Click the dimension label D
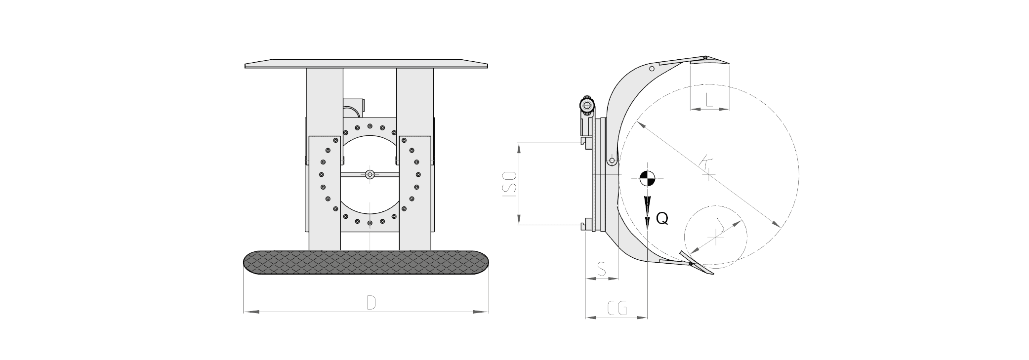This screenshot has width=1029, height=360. pyautogui.click(x=371, y=303)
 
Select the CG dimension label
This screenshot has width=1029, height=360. pyautogui.click(x=617, y=308)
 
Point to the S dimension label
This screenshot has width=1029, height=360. pyautogui.click(x=602, y=269)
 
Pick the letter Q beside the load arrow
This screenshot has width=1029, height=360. pyautogui.click(x=662, y=219)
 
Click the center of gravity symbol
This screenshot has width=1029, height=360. pyautogui.click(x=647, y=178)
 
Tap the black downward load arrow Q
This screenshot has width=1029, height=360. pyautogui.click(x=647, y=211)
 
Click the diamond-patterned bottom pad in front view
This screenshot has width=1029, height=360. pyautogui.click(x=367, y=263)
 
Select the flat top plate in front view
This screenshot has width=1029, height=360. pyautogui.click(x=367, y=65)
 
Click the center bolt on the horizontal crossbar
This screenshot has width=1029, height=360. pyautogui.click(x=370, y=174)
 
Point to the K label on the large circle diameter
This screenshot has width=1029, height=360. pyautogui.click(x=706, y=163)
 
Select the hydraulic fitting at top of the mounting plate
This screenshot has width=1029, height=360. pyautogui.click(x=586, y=105)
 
